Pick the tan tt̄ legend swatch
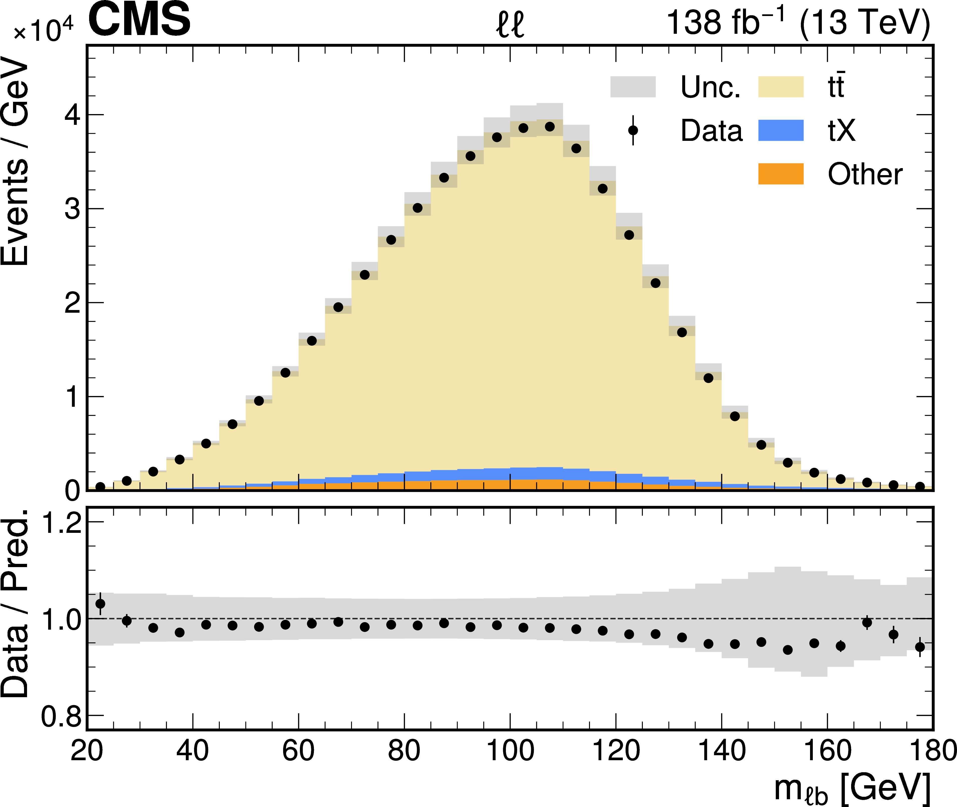[x=781, y=87]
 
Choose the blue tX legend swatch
[x=781, y=130]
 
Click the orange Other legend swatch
[x=781, y=174]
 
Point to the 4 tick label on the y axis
[x=72, y=115]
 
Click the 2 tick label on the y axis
[x=72, y=303]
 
